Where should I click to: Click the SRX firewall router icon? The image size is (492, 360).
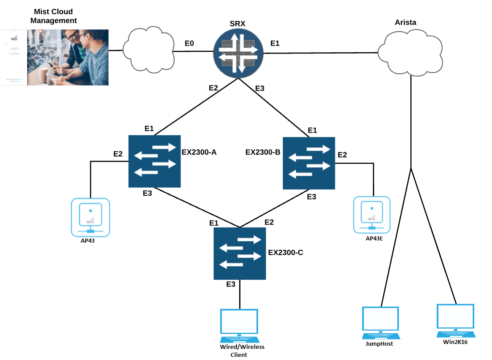pyautogui.click(x=239, y=54)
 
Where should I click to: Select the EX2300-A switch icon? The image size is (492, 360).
pyautogui.click(x=154, y=161)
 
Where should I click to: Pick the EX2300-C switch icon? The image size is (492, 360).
pyautogui.click(x=240, y=253)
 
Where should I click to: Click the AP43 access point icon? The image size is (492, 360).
pyautogui.click(x=91, y=217)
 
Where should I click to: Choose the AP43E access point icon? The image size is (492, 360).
pyautogui.click(x=372, y=215)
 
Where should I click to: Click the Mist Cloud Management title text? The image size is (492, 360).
pyautogui.click(x=56, y=16)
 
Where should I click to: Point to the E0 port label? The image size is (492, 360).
pyautogui.click(x=190, y=43)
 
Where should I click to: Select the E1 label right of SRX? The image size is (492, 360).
pyautogui.click(x=275, y=43)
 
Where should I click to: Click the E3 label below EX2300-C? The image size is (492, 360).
pyautogui.click(x=231, y=285)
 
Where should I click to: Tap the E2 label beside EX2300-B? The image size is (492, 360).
pyautogui.click(x=342, y=155)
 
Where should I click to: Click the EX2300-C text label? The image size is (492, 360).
pyautogui.click(x=285, y=252)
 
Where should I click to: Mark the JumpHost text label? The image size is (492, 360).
pyautogui.click(x=380, y=343)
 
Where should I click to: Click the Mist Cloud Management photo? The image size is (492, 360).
pyautogui.click(x=67, y=57)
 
